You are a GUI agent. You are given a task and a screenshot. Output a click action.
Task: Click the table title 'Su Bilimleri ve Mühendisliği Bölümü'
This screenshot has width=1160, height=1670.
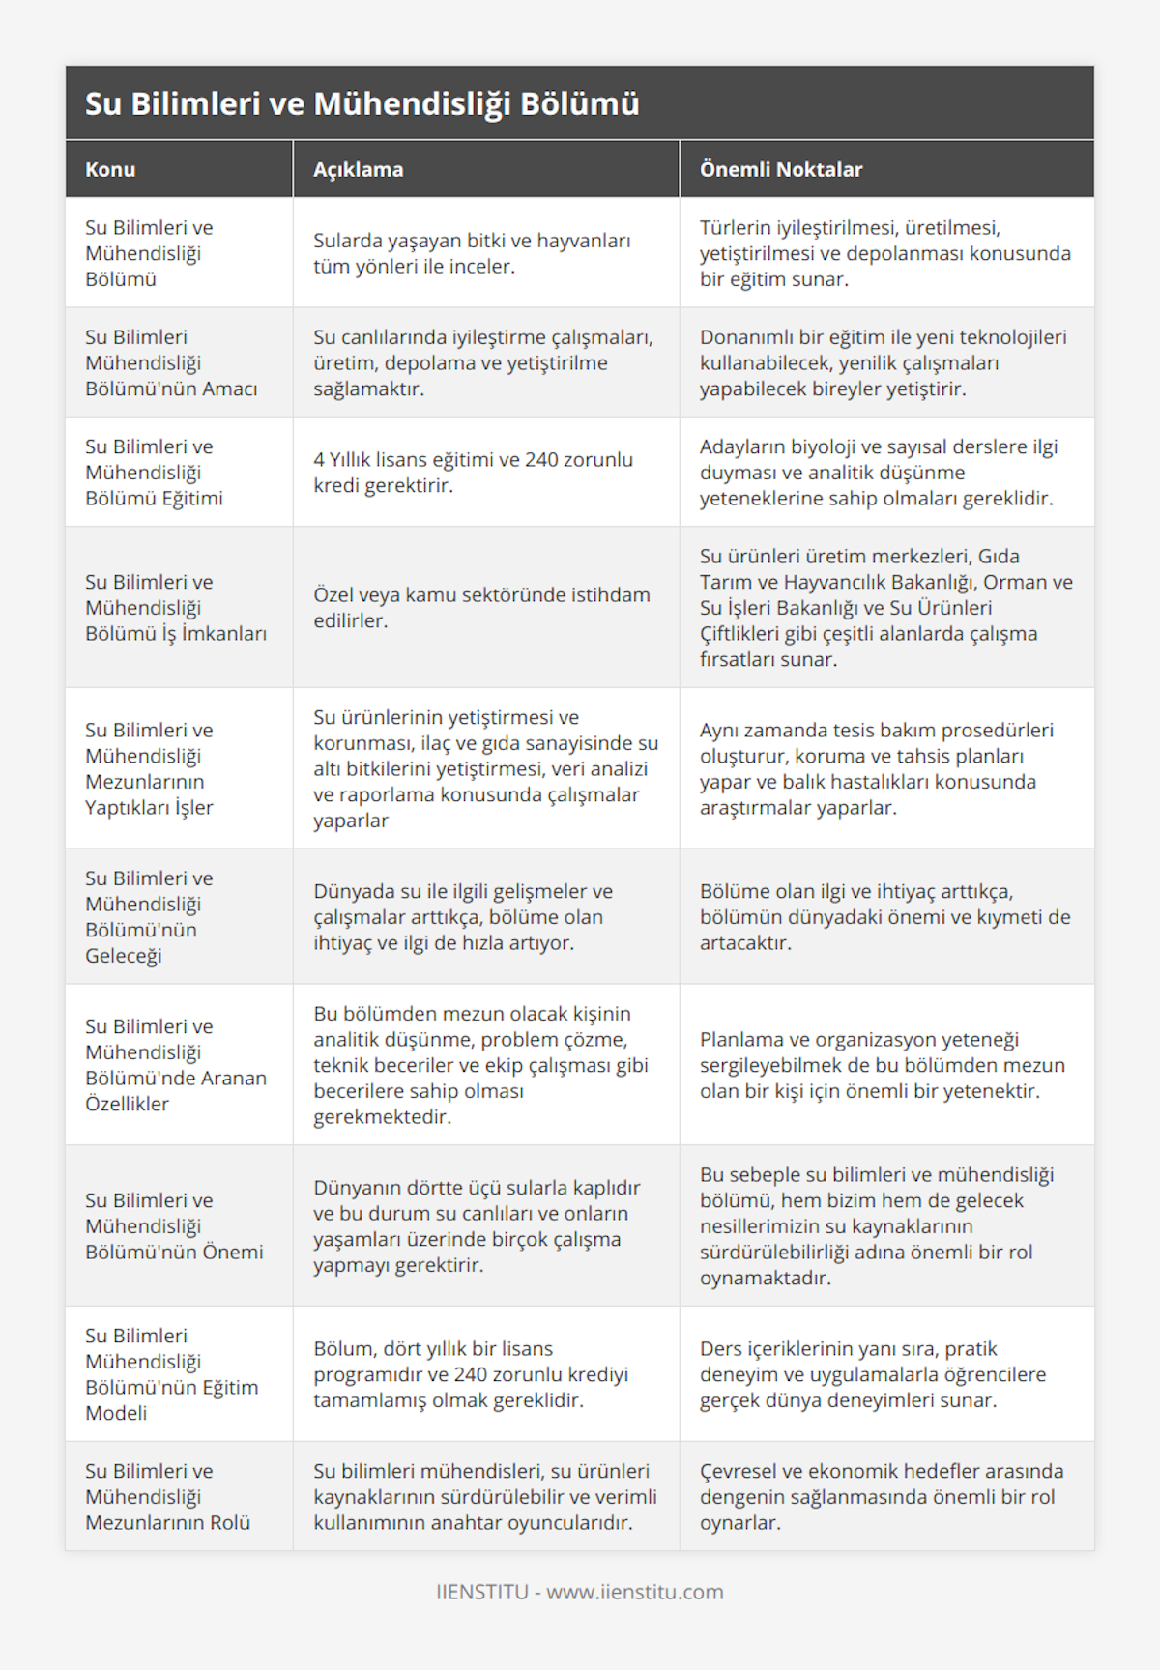(x=362, y=103)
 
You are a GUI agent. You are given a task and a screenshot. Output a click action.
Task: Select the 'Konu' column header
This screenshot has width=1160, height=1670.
(x=110, y=169)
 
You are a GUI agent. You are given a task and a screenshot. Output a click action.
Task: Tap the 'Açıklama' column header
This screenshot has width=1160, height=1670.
(x=358, y=169)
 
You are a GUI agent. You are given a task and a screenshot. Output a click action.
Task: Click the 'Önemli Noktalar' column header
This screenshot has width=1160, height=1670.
(x=780, y=169)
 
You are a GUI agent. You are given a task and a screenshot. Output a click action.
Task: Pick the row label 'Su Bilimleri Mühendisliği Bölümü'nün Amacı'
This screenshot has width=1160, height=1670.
(x=171, y=362)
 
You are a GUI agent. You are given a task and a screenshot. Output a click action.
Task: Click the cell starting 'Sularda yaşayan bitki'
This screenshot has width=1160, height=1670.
(x=472, y=253)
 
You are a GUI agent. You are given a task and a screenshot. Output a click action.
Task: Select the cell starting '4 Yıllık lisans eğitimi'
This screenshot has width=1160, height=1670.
(x=473, y=472)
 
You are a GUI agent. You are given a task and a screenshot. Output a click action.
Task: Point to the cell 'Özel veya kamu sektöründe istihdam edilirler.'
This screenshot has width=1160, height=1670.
(x=481, y=607)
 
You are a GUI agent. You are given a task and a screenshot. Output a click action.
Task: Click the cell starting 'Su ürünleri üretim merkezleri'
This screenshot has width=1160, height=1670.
(x=885, y=607)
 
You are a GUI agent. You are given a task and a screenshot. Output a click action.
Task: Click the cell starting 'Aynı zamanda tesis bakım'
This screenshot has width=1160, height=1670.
(x=876, y=768)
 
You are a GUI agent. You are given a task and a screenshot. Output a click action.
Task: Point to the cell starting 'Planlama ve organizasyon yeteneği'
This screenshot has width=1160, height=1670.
(x=882, y=1065)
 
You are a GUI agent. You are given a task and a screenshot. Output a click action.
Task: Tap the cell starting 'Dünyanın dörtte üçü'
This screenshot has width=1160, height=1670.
(x=477, y=1225)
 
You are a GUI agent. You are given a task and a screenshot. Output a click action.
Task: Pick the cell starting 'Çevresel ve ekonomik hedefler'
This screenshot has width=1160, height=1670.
(x=881, y=1496)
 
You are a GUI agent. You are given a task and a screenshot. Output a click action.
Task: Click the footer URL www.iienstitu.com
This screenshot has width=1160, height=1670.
(x=634, y=1592)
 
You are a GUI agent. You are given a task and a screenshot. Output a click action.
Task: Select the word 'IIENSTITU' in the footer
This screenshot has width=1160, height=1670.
(x=481, y=1592)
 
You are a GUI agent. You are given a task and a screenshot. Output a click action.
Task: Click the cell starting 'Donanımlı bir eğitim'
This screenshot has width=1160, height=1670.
(x=883, y=362)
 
